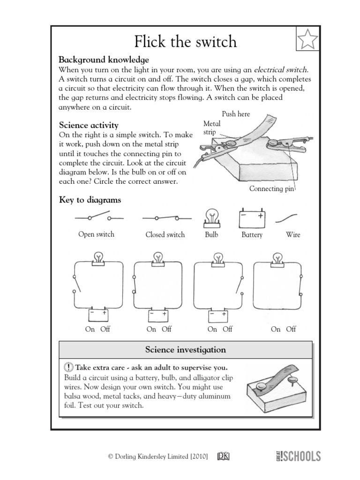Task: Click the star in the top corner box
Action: tap(307, 39)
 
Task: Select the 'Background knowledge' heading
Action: tap(104, 60)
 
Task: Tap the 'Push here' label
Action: tap(236, 114)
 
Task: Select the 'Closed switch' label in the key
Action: tap(165, 234)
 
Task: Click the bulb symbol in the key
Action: tap(211, 217)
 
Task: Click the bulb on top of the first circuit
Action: tap(98, 258)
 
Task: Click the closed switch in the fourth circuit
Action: tap(255, 285)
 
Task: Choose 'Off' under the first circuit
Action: tap(105, 329)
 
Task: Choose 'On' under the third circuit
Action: tap(212, 329)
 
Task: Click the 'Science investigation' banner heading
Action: tap(185, 350)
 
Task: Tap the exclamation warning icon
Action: tap(68, 367)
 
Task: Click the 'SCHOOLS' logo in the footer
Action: tap(300, 456)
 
